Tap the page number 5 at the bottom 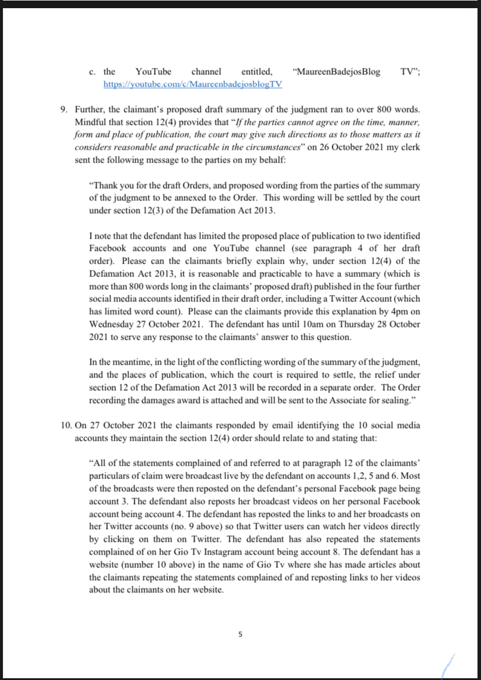point(240,635)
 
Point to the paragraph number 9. point(64,110)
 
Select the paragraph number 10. point(66,425)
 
